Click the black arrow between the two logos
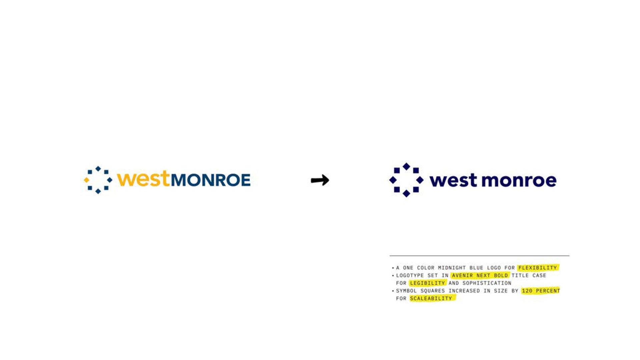tap(320, 180)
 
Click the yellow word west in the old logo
tap(143, 179)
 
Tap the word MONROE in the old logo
tap(211, 180)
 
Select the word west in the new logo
tap(453, 180)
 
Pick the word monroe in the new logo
tap(519, 180)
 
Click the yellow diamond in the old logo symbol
tap(87, 180)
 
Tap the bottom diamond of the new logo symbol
tap(406, 193)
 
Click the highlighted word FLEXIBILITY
tap(537, 268)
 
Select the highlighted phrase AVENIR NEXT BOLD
tap(480, 275)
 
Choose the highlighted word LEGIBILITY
tap(427, 283)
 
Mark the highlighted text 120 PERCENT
tap(541, 291)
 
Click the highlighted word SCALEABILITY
tap(431, 298)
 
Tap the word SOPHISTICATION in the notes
tap(487, 283)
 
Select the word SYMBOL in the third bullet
tap(406, 291)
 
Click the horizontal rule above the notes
tap(479, 256)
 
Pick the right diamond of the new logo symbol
tap(420, 180)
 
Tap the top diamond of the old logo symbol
tap(98, 169)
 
